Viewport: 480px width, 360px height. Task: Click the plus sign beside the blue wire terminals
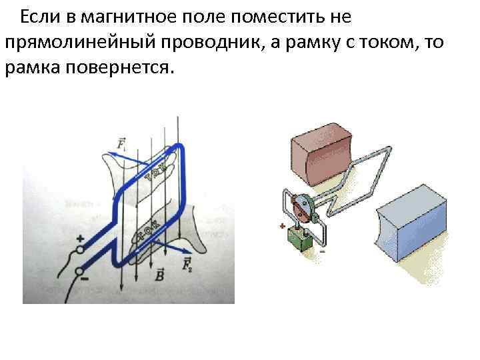coord(80,238)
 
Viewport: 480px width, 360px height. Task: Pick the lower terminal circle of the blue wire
coord(80,271)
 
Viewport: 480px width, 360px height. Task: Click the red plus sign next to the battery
coord(283,227)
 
